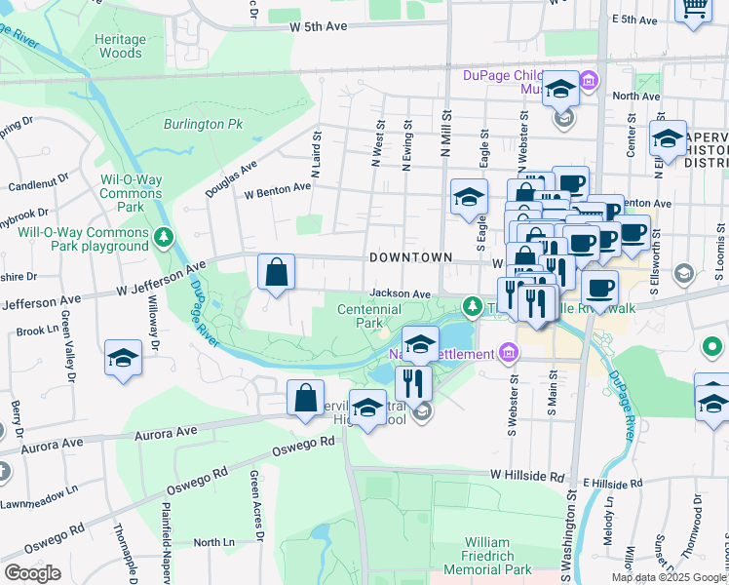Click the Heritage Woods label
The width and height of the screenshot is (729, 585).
click(x=121, y=46)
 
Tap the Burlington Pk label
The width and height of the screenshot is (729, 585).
click(x=203, y=125)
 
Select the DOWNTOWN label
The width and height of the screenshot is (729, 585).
click(x=410, y=256)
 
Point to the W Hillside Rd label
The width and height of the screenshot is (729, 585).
click(x=527, y=477)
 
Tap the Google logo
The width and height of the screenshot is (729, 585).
click(x=32, y=573)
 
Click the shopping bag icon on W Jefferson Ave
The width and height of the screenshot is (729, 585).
click(x=277, y=272)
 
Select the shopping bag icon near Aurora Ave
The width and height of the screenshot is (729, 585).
click(x=305, y=399)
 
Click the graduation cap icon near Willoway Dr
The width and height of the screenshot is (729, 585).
click(x=124, y=358)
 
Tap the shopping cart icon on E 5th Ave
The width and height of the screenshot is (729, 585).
click(x=694, y=9)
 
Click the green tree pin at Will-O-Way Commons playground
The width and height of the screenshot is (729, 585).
click(x=165, y=237)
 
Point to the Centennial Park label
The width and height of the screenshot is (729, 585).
click(x=368, y=315)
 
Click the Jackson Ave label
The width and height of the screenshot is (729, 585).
click(x=400, y=293)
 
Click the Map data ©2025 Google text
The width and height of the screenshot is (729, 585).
click(x=669, y=577)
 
